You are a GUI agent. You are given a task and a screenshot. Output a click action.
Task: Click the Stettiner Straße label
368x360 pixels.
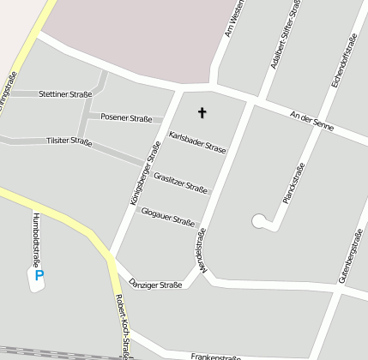pos(65,93)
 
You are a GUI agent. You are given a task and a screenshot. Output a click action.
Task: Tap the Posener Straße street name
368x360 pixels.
pos(126,117)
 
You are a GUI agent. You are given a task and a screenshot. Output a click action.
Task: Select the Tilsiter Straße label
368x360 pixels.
pos(69,141)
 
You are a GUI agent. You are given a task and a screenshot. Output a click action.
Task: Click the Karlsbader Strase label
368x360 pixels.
pos(198,143)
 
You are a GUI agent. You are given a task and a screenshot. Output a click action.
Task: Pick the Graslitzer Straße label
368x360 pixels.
pos(180,183)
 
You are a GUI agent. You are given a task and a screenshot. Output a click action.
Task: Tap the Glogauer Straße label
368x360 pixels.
pos(167,216)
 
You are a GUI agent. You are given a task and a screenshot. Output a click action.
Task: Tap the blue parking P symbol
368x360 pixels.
pos(39,276)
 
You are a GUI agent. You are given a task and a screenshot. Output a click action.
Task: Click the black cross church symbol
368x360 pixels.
pos(202,112)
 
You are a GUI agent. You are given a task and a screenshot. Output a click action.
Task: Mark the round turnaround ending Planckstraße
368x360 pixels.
pos(259,221)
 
